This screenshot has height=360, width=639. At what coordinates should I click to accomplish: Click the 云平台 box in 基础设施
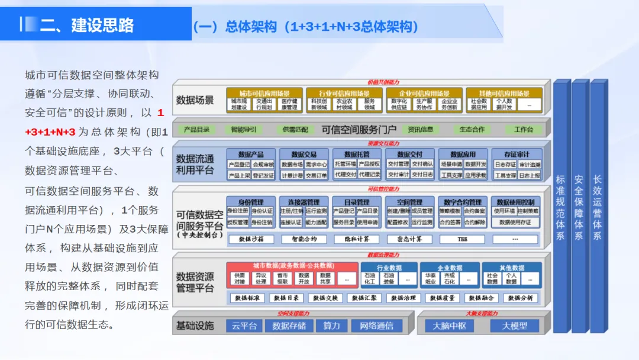coord(244,326)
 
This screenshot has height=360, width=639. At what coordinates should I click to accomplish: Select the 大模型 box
coord(514,326)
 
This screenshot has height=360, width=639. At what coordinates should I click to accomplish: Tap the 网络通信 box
coord(376,326)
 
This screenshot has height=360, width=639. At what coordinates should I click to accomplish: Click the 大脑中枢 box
coord(450,326)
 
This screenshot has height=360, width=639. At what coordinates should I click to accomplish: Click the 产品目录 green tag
coord(196,129)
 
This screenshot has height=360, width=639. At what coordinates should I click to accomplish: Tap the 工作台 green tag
coord(523,129)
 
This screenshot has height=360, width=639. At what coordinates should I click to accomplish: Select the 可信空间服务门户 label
coord(359,130)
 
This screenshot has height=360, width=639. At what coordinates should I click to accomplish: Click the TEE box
coord(462,239)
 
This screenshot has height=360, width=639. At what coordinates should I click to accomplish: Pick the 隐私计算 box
coord(356,239)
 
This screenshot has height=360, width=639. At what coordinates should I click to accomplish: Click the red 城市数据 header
coord(292,266)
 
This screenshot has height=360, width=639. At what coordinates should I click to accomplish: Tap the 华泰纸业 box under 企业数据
coord(430,278)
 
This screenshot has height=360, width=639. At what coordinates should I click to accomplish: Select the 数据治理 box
coord(406,298)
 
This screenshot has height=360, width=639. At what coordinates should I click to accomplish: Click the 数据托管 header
coord(357,154)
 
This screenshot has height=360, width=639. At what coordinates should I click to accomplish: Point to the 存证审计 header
coord(517,154)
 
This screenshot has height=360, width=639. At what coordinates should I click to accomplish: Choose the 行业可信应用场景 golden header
coord(344,93)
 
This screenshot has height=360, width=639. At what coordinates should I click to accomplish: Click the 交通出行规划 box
coord(264,104)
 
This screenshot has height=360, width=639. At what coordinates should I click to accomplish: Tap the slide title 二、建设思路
coord(87,25)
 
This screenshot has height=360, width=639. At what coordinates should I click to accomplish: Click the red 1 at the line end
coord(160,112)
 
